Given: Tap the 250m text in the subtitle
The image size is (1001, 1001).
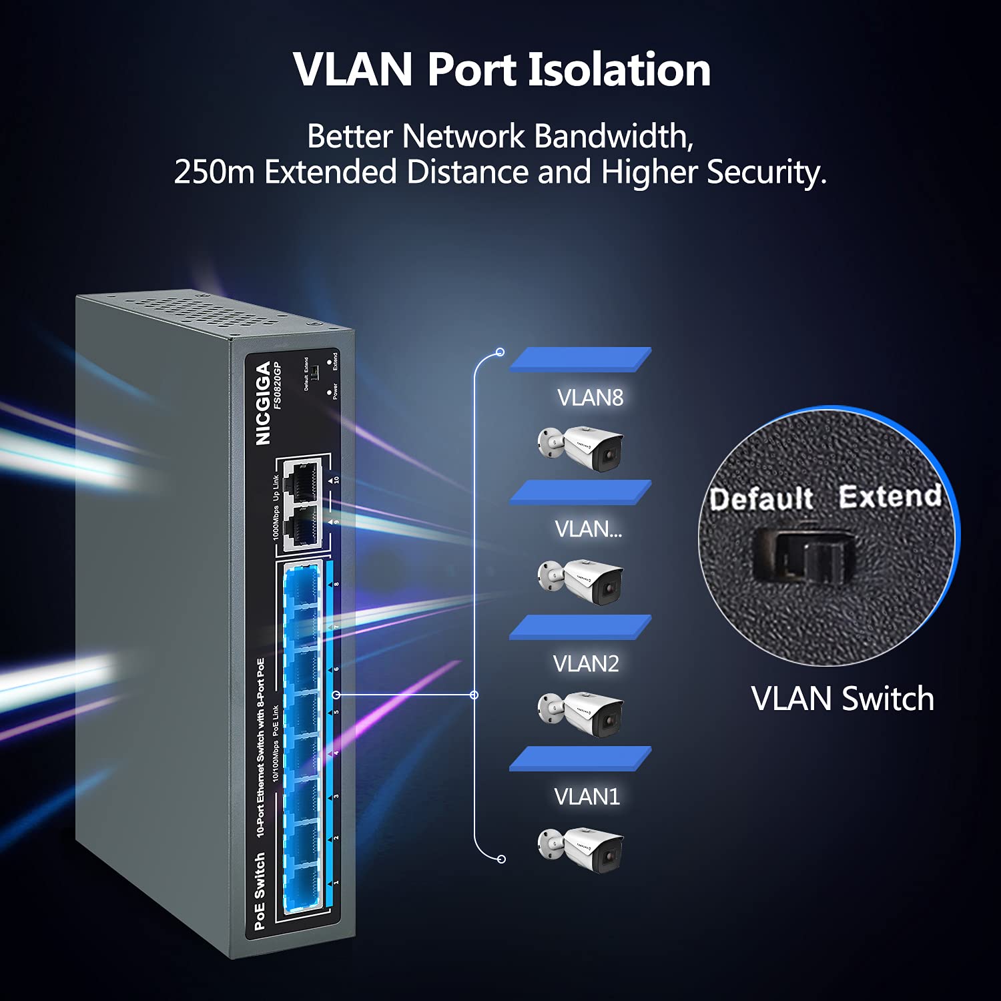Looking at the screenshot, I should pos(214,172).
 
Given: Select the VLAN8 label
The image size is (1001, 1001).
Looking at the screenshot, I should pos(590,398).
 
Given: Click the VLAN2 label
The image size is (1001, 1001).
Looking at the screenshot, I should pos(586,663).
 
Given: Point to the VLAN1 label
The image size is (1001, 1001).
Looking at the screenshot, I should pos(587,796).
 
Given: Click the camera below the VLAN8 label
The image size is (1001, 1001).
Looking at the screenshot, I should pos(581,448).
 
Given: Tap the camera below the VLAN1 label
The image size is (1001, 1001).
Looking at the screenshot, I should pos(581,849).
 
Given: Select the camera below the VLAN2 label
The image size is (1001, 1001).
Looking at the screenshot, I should pos(581,714).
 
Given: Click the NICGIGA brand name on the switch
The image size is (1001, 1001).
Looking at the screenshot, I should pos(263,403).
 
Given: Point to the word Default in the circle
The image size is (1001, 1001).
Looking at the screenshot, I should pos(761,499).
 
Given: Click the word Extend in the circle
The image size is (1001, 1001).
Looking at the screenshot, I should pos(890,496).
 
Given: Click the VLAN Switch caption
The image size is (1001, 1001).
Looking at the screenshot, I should pos(842,699).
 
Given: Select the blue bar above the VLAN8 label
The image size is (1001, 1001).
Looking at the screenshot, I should pos(580,359).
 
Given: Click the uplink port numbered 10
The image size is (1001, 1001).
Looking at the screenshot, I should pos(304,479).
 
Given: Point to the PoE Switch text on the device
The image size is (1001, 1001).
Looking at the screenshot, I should pos(260,891).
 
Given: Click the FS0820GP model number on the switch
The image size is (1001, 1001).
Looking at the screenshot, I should pos(279,385).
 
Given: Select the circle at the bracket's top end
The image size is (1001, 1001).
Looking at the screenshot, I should pos(500,352).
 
